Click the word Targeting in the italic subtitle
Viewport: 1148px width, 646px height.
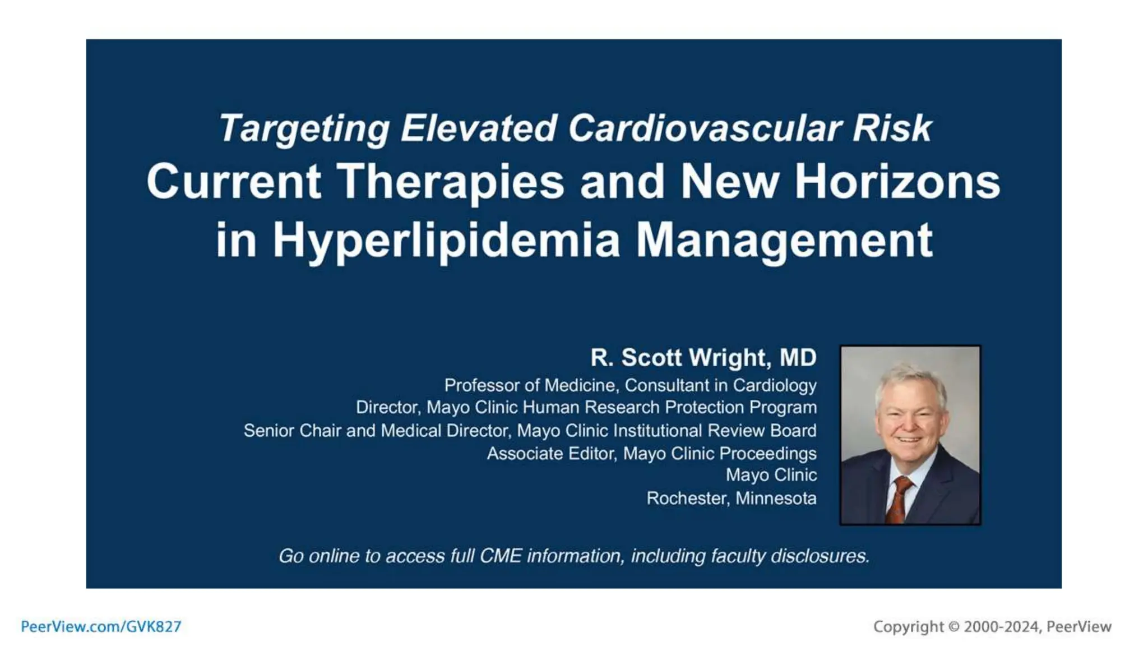click(x=303, y=129)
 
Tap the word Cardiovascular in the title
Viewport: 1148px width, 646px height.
click(x=704, y=128)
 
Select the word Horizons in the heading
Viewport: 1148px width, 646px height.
click(x=897, y=182)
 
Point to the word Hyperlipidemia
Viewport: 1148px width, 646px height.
click(x=446, y=241)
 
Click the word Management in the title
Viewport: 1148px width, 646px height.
click(x=784, y=241)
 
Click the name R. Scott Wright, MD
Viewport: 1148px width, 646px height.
click(x=703, y=358)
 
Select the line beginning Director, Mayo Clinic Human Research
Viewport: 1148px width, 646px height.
click(x=586, y=408)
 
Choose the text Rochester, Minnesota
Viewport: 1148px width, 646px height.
click(x=731, y=499)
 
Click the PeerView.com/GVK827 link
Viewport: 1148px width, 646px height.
click(x=101, y=626)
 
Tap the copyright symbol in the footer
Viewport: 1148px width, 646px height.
click(x=953, y=627)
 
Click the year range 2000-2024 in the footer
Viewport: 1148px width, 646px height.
click(x=1001, y=627)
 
